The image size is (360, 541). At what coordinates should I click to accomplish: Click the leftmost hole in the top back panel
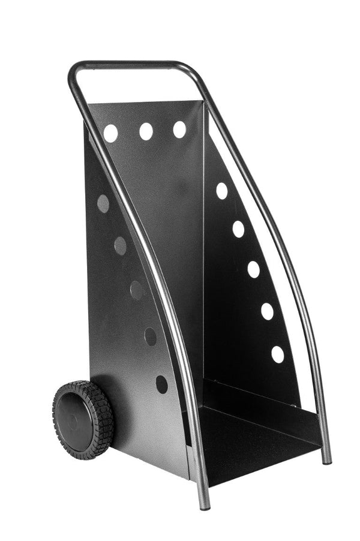(x=110, y=133)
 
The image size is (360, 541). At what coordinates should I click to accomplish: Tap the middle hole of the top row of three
(x=146, y=131)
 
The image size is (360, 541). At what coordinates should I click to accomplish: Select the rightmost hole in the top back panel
(x=179, y=130)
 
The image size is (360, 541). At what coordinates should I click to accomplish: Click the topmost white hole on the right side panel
(x=222, y=191)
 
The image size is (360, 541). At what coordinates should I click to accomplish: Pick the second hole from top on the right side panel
(x=238, y=229)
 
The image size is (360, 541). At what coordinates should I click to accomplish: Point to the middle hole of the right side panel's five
(x=253, y=269)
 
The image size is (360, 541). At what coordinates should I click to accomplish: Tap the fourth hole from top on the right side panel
(x=267, y=311)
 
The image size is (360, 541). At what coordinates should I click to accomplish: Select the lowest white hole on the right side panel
(x=277, y=354)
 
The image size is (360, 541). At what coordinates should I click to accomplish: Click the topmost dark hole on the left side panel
(x=103, y=203)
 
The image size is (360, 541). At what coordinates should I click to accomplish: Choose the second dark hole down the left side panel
(x=120, y=245)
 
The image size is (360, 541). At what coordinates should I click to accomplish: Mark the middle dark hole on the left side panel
(x=137, y=290)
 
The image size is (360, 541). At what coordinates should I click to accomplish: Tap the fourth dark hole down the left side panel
(x=150, y=336)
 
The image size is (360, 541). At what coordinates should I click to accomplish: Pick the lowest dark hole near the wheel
(x=161, y=384)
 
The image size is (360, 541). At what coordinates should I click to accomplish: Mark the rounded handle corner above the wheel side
(x=74, y=71)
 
